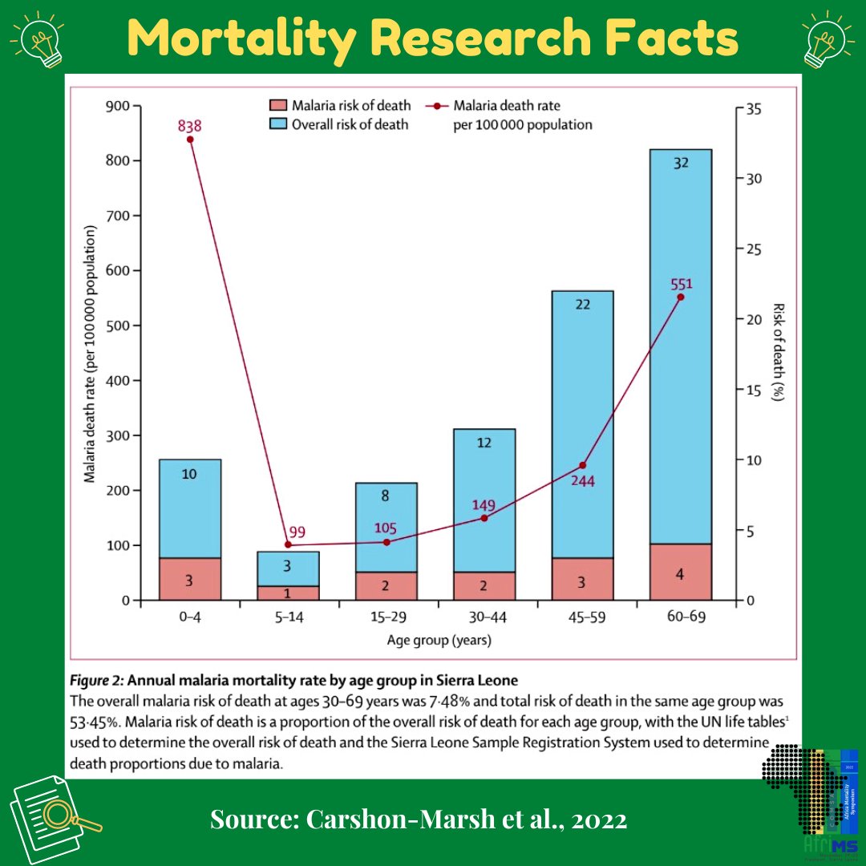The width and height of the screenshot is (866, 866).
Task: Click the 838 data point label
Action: (190, 126)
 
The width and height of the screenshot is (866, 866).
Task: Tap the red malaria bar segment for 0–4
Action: (190, 579)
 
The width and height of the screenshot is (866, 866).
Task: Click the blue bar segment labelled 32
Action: (681, 345)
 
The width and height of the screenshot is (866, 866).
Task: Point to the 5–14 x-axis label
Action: (288, 619)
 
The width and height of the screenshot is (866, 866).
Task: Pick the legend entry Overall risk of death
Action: (350, 124)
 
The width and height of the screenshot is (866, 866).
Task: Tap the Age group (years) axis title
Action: (439, 641)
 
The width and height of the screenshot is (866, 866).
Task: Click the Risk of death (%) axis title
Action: (777, 353)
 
